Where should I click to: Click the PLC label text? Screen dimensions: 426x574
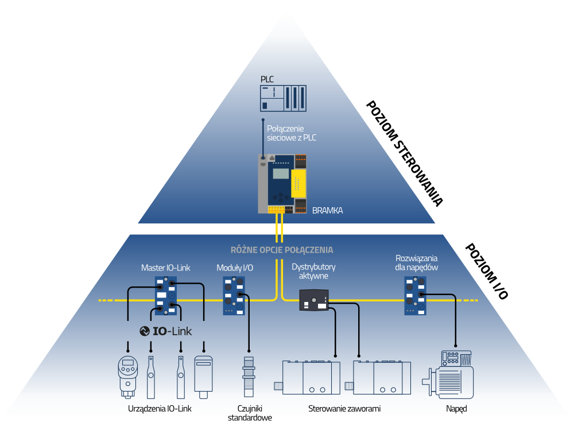pos(267,79)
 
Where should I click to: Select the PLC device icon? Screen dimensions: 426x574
pos(284,98)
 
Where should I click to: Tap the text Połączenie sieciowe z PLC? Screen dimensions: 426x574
pos(292,133)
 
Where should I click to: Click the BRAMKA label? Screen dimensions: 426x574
pos(327,211)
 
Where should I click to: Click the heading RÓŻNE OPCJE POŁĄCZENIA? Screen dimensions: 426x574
pos(281,250)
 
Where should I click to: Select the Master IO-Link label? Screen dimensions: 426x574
pos(165,268)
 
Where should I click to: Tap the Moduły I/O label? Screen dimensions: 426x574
pos(235,268)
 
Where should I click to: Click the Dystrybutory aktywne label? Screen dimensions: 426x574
pos(313,272)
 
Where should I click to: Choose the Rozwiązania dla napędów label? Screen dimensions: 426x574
pos(417,262)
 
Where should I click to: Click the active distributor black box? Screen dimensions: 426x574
pos(313,300)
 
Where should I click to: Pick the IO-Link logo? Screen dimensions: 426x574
pos(165,331)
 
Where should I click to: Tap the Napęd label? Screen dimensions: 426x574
pos(456,409)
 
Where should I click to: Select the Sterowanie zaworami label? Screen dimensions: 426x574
pos(344,409)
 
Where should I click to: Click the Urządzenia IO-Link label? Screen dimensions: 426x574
pos(160,409)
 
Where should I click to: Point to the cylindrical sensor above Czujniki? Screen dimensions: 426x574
pos(249,377)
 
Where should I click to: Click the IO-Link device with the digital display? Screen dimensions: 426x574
pos(126,376)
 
